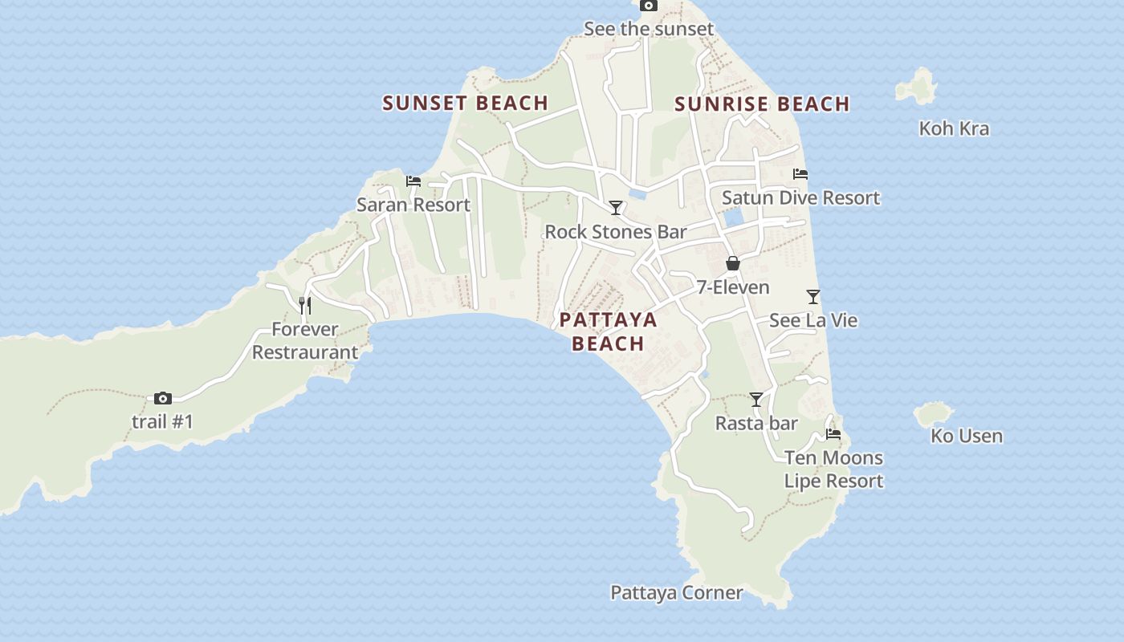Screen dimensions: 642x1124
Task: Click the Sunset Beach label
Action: click(x=465, y=103)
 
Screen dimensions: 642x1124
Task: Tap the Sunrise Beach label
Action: click(x=762, y=104)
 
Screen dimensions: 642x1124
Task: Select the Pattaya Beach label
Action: click(x=608, y=331)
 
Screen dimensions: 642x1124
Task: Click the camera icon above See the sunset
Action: click(x=648, y=6)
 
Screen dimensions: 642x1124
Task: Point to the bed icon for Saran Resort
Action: click(x=413, y=181)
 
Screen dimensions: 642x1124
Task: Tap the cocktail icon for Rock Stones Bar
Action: click(x=616, y=208)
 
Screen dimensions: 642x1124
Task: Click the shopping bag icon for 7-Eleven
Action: click(x=732, y=263)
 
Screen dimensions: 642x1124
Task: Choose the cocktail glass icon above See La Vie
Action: click(x=813, y=297)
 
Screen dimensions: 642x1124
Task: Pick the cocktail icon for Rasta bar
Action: click(x=756, y=400)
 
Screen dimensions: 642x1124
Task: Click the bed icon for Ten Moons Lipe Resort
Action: click(x=833, y=434)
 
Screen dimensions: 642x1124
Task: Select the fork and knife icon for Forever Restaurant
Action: click(x=305, y=305)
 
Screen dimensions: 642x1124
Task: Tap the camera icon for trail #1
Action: click(x=163, y=398)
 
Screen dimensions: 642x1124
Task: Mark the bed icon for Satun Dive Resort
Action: click(x=800, y=174)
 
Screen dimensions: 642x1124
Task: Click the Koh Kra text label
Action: click(x=954, y=128)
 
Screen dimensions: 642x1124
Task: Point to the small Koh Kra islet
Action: click(x=918, y=86)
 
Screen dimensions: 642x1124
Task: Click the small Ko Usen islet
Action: click(x=933, y=414)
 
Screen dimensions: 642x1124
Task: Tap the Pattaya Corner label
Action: click(x=676, y=593)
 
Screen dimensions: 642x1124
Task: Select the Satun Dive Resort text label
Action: click(x=800, y=197)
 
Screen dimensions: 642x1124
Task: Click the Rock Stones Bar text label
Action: click(x=616, y=232)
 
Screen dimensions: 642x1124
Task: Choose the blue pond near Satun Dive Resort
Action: click(x=733, y=217)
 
